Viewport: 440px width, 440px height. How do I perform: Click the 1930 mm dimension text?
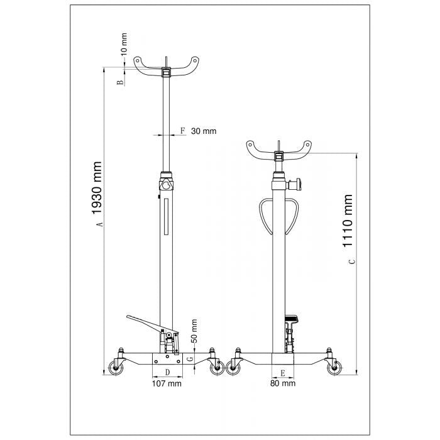click(x=97, y=188)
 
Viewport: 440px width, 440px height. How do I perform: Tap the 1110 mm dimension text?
click(x=347, y=221)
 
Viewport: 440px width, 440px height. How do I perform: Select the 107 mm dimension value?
click(x=167, y=383)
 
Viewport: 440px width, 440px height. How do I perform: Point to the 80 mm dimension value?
click(x=283, y=383)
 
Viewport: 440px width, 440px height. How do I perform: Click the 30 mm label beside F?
click(x=204, y=131)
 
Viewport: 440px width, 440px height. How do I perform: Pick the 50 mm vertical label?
click(x=194, y=331)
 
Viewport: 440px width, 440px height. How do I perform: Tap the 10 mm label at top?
click(x=124, y=44)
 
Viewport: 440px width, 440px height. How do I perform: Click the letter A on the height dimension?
click(x=99, y=224)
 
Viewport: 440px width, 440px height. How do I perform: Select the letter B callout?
click(x=120, y=82)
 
